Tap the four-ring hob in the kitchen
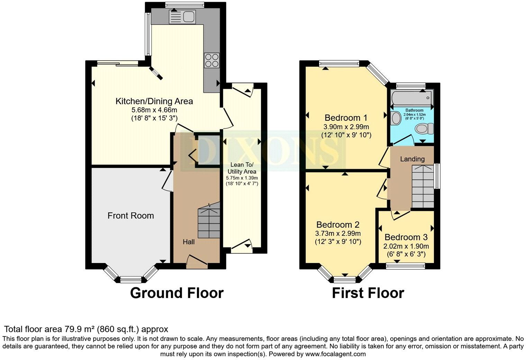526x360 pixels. tap(211, 60)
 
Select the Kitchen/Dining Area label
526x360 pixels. tap(154, 101)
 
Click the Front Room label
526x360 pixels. tap(130, 216)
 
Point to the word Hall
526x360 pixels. tap(189, 242)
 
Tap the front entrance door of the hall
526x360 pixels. tap(197, 262)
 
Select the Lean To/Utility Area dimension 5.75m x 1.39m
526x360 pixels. tap(242, 178)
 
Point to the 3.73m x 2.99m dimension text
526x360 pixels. tap(338, 234)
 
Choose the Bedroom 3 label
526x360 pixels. tap(406, 237)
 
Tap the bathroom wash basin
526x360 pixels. tap(395, 118)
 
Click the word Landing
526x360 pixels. tap(412, 159)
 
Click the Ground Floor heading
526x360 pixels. tap(176, 293)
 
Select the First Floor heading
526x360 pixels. tap(368, 293)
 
